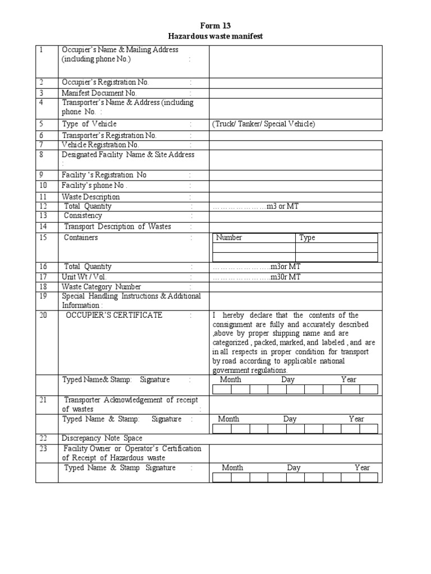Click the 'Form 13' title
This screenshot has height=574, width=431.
point(215,26)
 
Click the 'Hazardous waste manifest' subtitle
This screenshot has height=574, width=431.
point(215,36)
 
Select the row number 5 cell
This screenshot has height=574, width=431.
point(47,124)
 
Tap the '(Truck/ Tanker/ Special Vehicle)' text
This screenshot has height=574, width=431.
point(264,124)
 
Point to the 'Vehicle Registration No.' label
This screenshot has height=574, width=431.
point(100,145)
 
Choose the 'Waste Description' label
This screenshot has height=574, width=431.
point(90,197)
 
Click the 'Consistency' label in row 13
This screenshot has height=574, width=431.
point(83,216)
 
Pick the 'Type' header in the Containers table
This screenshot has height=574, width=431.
point(307,238)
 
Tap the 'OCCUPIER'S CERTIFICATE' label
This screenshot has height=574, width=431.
point(114,315)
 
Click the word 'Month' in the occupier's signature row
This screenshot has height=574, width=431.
point(231,379)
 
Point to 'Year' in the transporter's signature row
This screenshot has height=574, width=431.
point(356,419)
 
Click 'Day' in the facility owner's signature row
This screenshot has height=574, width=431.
point(294,467)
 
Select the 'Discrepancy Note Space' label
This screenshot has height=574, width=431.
point(102,438)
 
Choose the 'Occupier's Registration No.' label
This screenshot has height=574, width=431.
point(106,82)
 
